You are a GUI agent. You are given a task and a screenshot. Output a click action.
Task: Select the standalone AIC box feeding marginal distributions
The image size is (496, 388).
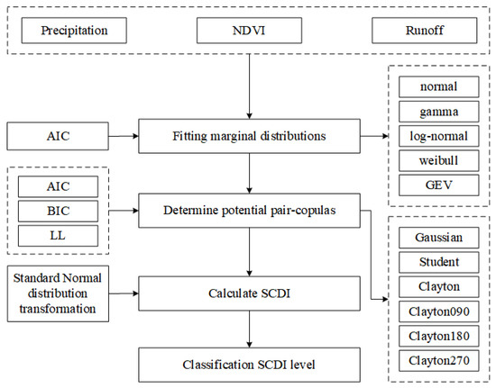[x=57, y=137]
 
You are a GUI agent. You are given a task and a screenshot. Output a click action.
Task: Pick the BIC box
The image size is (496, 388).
[x=57, y=213]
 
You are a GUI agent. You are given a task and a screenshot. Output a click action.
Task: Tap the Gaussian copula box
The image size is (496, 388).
[x=438, y=238]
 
